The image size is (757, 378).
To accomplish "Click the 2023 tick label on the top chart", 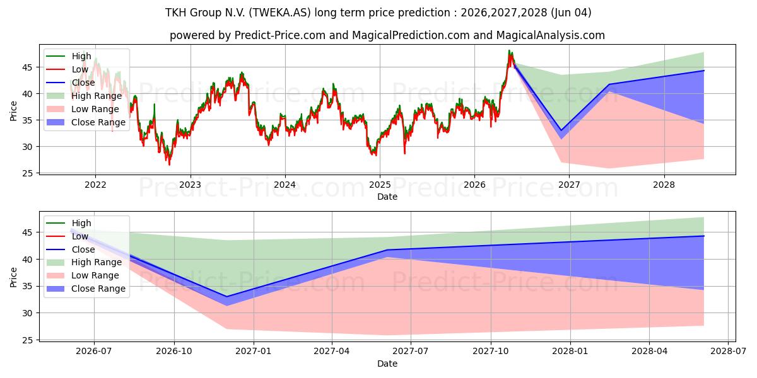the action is click(191, 185).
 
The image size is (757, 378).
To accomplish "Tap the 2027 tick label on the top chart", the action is click(569, 185).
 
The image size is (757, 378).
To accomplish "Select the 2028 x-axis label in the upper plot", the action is click(664, 185).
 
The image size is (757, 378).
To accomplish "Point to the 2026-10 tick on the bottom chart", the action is click(174, 351).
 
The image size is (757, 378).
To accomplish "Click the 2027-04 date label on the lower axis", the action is click(332, 351).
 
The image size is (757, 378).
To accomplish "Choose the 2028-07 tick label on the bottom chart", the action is click(728, 351).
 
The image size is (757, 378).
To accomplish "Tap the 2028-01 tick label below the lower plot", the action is click(570, 351).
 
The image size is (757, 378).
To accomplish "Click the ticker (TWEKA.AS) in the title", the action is click(280, 13).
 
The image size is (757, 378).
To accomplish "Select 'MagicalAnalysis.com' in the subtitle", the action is click(551, 35).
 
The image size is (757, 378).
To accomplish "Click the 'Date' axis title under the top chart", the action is click(387, 197).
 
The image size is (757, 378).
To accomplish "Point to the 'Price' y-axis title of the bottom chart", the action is click(13, 277).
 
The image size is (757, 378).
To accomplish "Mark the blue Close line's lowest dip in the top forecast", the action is click(561, 130).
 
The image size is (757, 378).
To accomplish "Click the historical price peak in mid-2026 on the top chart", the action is click(509, 50).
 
